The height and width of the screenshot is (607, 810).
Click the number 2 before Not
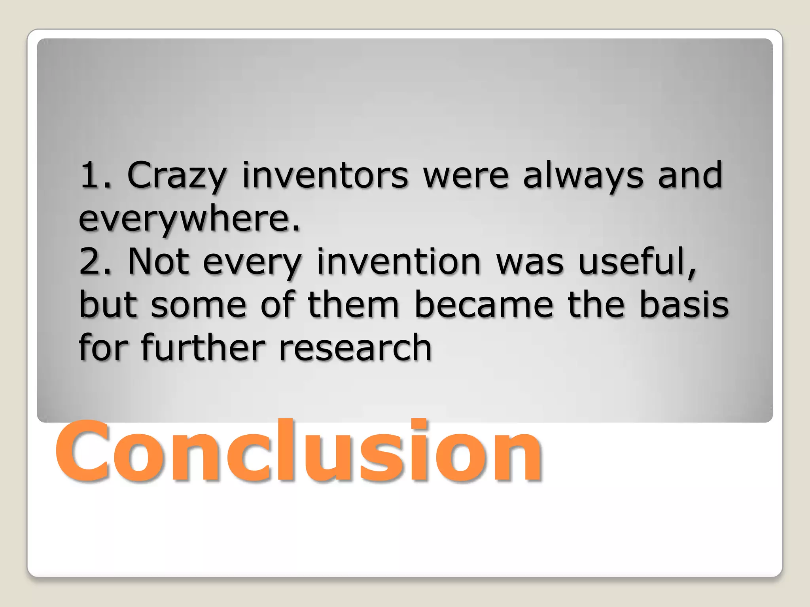tap(89, 262)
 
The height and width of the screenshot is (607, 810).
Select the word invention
tap(399, 262)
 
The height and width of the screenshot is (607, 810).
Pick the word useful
tap(637, 262)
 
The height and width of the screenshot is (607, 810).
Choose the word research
tap(355, 348)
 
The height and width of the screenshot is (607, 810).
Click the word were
tap(466, 176)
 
